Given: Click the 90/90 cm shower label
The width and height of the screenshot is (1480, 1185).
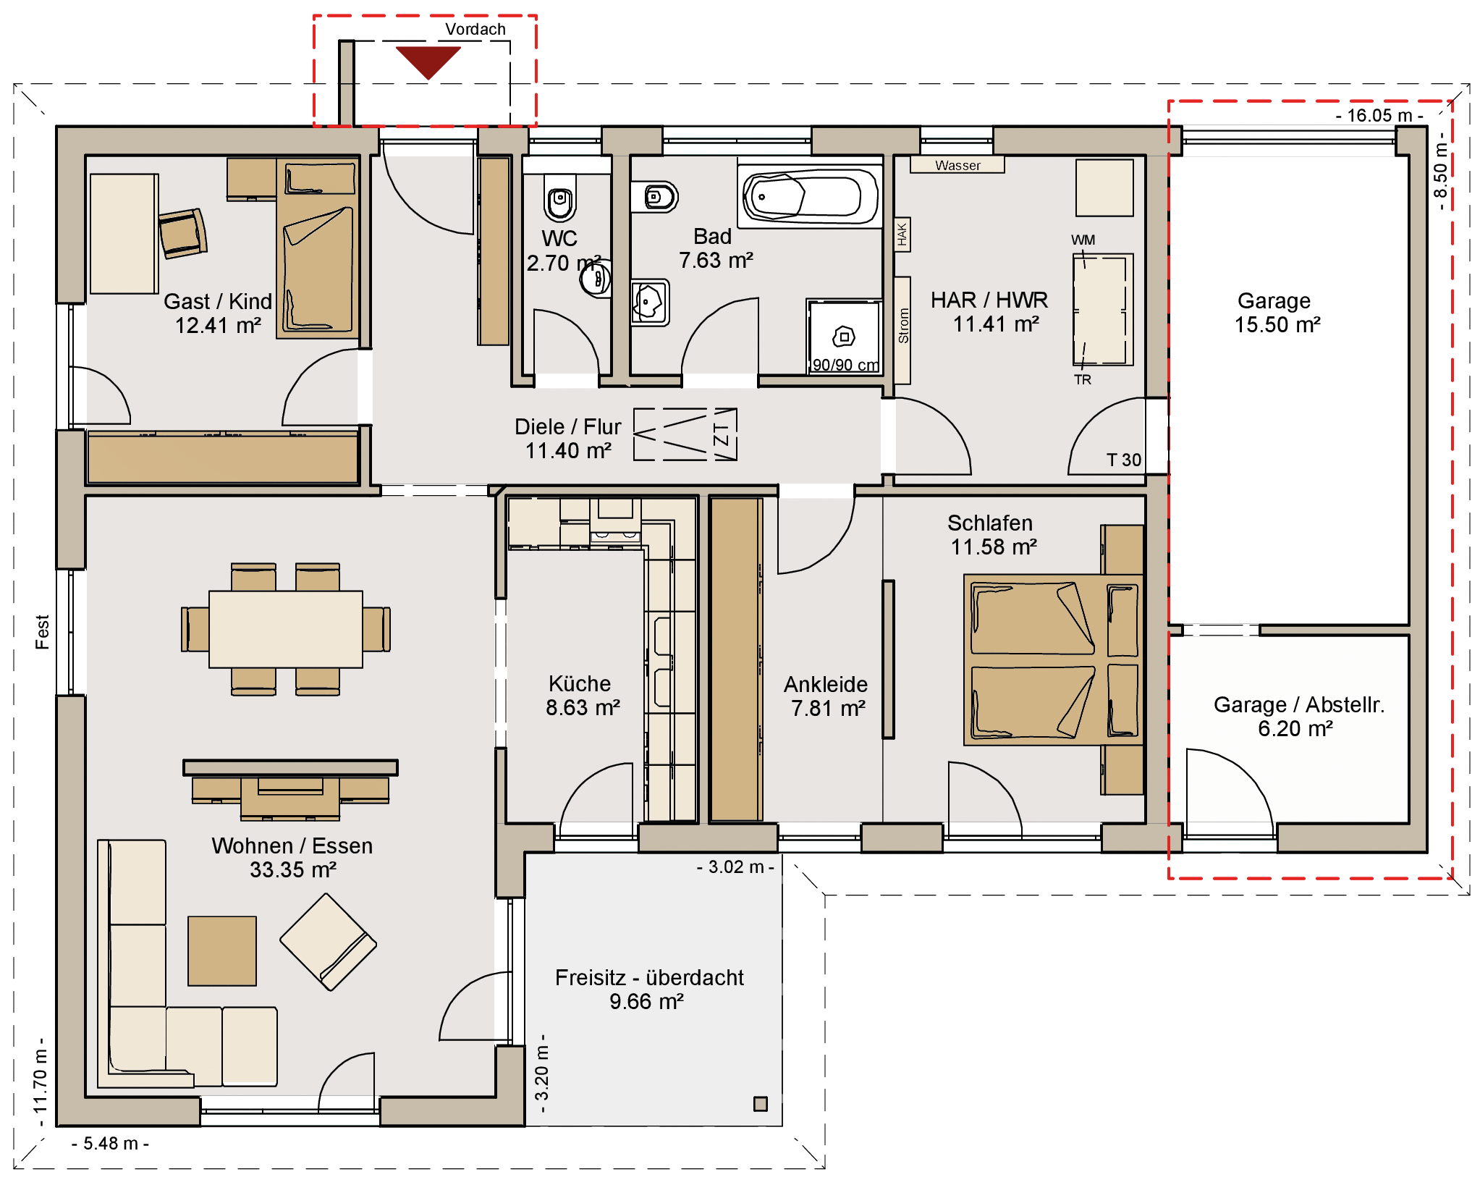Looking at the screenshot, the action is click(x=845, y=365).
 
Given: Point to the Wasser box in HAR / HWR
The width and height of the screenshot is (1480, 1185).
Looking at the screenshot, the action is click(x=957, y=165).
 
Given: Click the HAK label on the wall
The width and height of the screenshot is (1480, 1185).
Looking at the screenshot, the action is click(x=902, y=235).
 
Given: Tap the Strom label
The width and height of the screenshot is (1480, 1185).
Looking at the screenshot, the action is click(x=902, y=326).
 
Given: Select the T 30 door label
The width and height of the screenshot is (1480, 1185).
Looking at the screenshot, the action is click(x=1123, y=460).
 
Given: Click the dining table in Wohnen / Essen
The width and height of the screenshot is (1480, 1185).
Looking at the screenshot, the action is click(x=286, y=629).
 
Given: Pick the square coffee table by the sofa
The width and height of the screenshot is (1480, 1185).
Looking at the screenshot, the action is click(x=222, y=951).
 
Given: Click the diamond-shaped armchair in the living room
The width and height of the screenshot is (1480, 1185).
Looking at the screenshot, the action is click(x=328, y=942).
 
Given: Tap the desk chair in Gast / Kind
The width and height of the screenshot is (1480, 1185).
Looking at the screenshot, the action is click(x=182, y=233).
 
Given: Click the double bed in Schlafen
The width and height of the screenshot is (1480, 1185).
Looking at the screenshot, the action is click(x=1054, y=659).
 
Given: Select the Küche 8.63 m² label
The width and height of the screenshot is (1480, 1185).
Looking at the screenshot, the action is click(x=583, y=695).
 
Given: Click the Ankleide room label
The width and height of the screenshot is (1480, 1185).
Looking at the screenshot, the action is click(x=826, y=684).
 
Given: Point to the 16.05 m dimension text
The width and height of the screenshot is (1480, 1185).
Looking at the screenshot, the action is click(x=1379, y=116).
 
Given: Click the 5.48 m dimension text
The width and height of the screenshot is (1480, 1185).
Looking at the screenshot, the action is click(x=110, y=1143).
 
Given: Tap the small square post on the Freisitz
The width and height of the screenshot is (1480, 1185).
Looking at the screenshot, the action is click(x=761, y=1104).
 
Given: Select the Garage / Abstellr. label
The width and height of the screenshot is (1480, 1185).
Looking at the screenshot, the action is click(x=1299, y=704).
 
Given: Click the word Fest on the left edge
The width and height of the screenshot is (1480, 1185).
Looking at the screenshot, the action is click(x=42, y=632).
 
